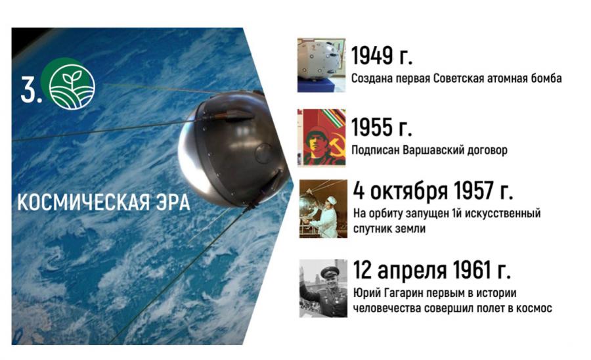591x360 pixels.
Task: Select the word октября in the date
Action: [x=409, y=191]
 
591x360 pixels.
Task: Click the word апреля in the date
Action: [x=412, y=270]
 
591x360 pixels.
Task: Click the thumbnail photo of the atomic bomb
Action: [x=321, y=65]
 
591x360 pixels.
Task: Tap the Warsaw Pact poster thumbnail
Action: [x=322, y=137]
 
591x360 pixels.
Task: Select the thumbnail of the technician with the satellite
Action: [x=323, y=209]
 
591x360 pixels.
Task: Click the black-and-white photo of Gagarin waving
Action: [x=323, y=288]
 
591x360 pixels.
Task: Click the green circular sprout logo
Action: [x=71, y=85]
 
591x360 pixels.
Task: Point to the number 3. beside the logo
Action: [x=31, y=89]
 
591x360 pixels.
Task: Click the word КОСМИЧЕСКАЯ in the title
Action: [x=83, y=202]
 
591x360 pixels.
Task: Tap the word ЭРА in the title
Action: [x=173, y=202]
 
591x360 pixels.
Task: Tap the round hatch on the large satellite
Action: [x=263, y=152]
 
